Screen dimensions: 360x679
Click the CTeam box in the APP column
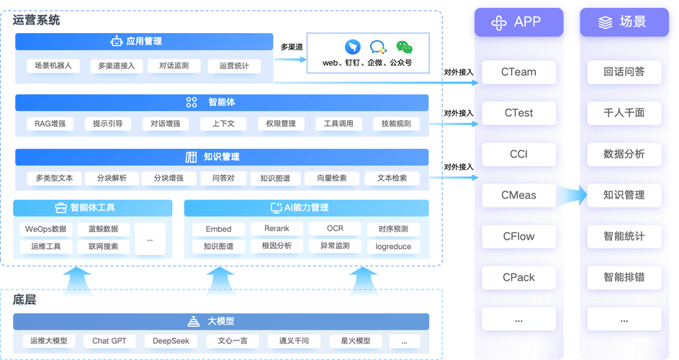point(518,72)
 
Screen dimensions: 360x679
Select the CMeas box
point(518,195)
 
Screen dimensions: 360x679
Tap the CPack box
point(518,277)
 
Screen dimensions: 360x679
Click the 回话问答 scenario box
point(624,72)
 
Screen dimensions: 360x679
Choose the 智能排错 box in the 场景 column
point(624,277)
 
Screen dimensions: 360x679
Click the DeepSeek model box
point(171,341)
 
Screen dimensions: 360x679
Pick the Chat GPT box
point(109,341)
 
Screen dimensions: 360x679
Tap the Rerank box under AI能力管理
point(276,229)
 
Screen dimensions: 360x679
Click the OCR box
point(335,229)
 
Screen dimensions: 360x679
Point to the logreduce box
point(393,246)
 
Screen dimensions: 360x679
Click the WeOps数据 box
point(45,230)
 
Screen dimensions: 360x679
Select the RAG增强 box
point(50,124)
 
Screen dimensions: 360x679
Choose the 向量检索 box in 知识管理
point(329,178)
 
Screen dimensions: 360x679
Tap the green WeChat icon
point(405,48)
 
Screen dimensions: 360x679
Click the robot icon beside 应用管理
point(116,42)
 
